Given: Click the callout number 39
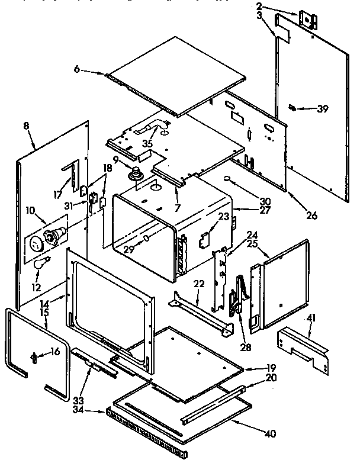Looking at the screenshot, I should pyautogui.click(x=322, y=108).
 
